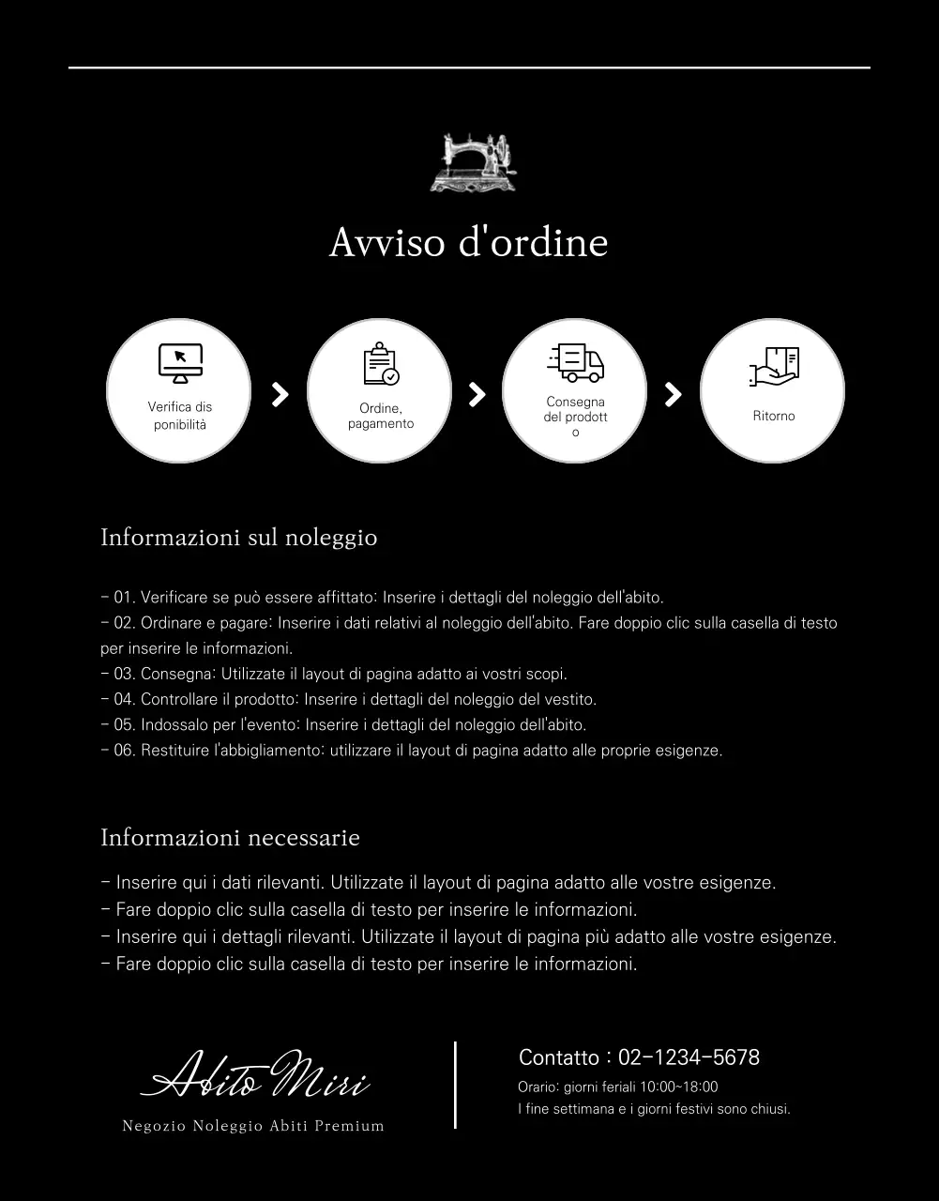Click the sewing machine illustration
(473, 162)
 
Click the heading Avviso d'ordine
(468, 242)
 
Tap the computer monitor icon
(180, 363)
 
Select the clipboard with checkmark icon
(380, 366)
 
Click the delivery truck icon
(575, 362)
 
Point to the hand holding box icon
(774, 367)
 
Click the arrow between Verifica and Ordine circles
(280, 394)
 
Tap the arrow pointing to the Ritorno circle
(673, 394)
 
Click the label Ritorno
(774, 416)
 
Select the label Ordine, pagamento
(381, 416)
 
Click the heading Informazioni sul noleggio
(238, 538)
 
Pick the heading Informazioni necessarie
(230, 837)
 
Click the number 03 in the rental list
(125, 674)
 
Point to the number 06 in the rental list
(125, 751)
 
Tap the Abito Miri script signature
(254, 1075)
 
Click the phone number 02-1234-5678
(689, 1057)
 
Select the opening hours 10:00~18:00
(678, 1087)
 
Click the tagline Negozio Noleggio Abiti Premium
(253, 1126)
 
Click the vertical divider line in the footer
(455, 1085)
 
